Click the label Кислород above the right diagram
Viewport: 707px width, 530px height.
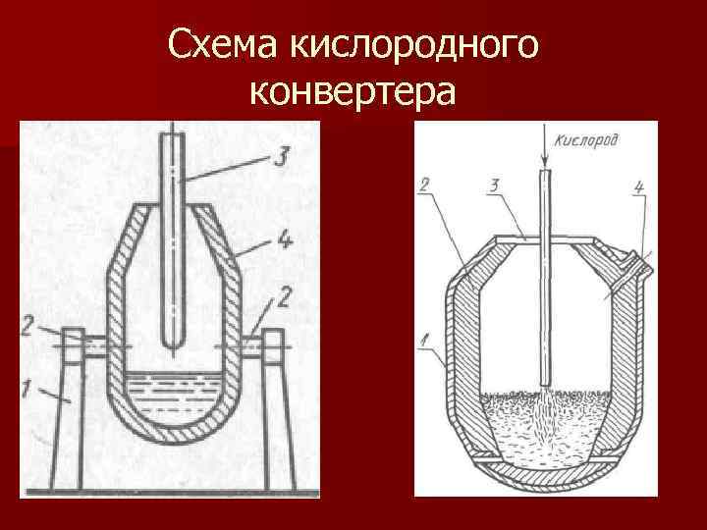pyautogui.click(x=586, y=140)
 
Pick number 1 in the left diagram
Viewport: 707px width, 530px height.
pyautogui.click(x=30, y=394)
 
